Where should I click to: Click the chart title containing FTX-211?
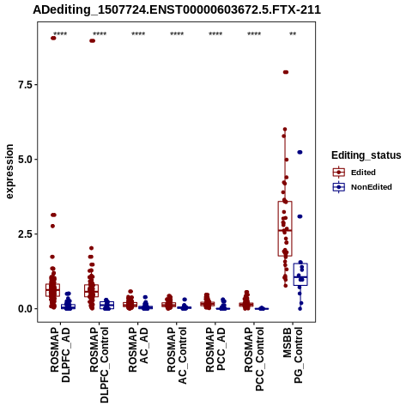pyautogui.click(x=177, y=9)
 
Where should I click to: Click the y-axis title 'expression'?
pyautogui.click(x=9, y=172)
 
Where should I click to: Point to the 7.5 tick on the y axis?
pyautogui.click(x=25, y=85)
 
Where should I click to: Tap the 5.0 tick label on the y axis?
pyautogui.click(x=25, y=160)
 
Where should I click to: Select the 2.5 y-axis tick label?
pyautogui.click(x=25, y=234)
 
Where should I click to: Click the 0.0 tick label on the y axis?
pyautogui.click(x=25, y=309)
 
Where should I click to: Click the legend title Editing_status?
pyautogui.click(x=367, y=155)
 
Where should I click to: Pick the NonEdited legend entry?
pyautogui.click(x=362, y=187)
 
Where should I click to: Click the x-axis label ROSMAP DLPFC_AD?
pyautogui.click(x=60, y=354)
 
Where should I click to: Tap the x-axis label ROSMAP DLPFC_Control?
pyautogui.click(x=99, y=365)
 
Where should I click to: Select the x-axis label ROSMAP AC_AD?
pyautogui.click(x=138, y=349)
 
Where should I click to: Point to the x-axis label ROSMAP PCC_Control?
pyautogui.click(x=254, y=359)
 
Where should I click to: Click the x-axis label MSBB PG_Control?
pyautogui.click(x=293, y=355)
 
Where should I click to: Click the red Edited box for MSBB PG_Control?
pyautogui.click(x=285, y=228)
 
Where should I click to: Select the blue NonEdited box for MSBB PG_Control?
pyautogui.click(x=300, y=274)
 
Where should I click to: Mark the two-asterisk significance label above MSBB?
pyautogui.click(x=293, y=34)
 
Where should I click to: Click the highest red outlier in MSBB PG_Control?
pyautogui.click(x=286, y=72)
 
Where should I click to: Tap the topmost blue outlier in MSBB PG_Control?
pyautogui.click(x=300, y=152)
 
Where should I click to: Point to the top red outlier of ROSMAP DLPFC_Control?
pyautogui.click(x=92, y=40)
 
